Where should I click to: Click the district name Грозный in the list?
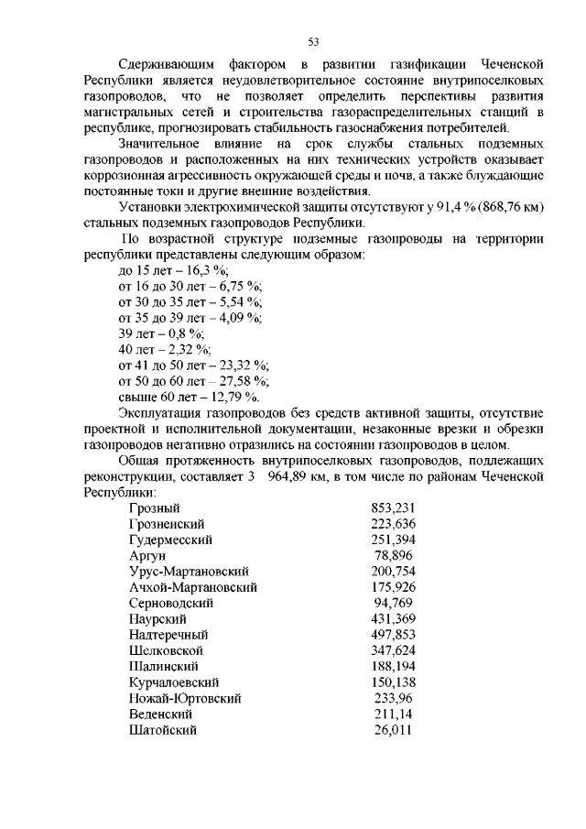coord(155,507)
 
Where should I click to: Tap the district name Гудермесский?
coord(171,540)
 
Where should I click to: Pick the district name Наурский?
coord(158,619)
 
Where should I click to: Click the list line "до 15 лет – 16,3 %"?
coord(173,270)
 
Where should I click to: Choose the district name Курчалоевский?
coord(173,682)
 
